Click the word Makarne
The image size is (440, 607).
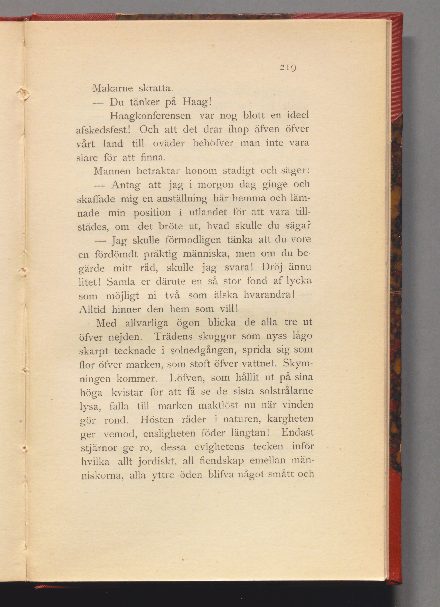[113, 88]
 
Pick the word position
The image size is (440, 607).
[152, 213]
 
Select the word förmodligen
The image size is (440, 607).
[193, 239]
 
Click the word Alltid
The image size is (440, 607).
[92, 310]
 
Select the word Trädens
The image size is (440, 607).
[173, 336]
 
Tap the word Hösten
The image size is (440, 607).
[157, 419]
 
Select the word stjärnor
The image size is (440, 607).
[99, 448]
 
